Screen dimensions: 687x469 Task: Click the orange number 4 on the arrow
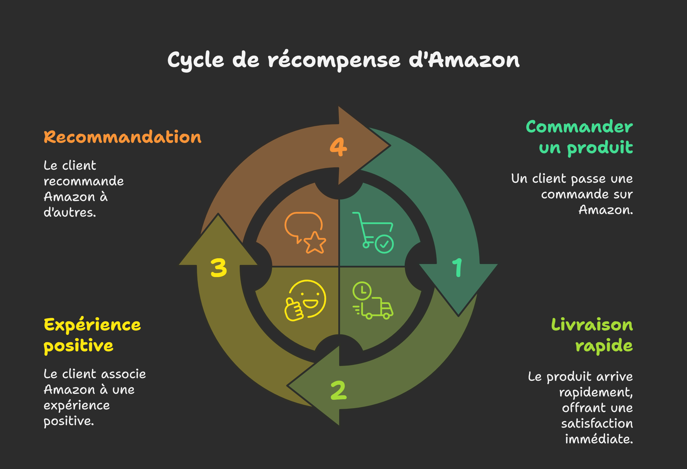[338, 147]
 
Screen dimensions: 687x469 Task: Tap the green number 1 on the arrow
[457, 268]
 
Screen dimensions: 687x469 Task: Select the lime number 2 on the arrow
[339, 390]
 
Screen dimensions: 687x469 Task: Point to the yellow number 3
[219, 268]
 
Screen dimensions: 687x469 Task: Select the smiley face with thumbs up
[306, 300]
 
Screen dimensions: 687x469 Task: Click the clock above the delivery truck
[362, 291]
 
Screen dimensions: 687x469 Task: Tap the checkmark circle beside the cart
[384, 244]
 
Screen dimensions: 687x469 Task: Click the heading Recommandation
[122, 137]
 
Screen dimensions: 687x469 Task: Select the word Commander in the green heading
[579, 127]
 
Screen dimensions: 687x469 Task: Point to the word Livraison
[592, 325]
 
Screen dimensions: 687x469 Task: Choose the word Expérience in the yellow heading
[92, 325]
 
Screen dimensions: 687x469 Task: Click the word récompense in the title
[334, 61]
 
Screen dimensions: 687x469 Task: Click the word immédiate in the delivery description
[599, 439]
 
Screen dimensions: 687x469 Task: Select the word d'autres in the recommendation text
[70, 212]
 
